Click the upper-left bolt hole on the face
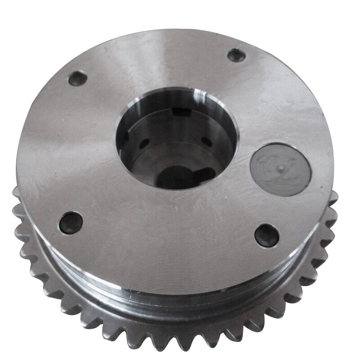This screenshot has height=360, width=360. point(76,79)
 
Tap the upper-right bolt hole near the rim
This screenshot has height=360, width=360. point(236,55)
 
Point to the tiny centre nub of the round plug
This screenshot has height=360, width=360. point(280,167)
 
